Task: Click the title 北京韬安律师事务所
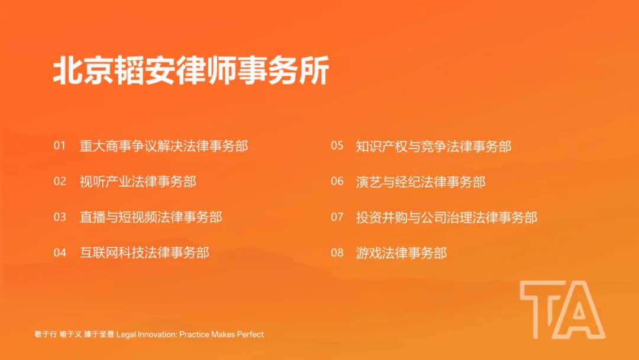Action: pos(191,70)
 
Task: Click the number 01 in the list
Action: pos(60,146)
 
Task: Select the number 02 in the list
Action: pos(60,181)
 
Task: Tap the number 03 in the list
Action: pos(60,217)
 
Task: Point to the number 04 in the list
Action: pos(60,253)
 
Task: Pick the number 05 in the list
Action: pos(337,146)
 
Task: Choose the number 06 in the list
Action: pos(337,181)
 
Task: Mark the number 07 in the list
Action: pos(337,217)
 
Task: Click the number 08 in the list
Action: pos(337,253)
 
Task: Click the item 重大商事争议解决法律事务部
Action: pos(164,146)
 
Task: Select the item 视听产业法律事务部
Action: pos(138,181)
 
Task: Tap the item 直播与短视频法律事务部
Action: pos(151,217)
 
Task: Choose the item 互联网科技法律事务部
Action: pos(144,253)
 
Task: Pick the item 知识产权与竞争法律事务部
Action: pos(434,146)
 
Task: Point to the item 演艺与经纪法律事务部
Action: pos(421,181)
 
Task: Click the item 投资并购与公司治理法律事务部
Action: pos(447,217)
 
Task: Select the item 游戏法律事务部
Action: pos(401,253)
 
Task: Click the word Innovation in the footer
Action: pos(157,335)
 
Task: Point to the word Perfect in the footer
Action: pos(250,335)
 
